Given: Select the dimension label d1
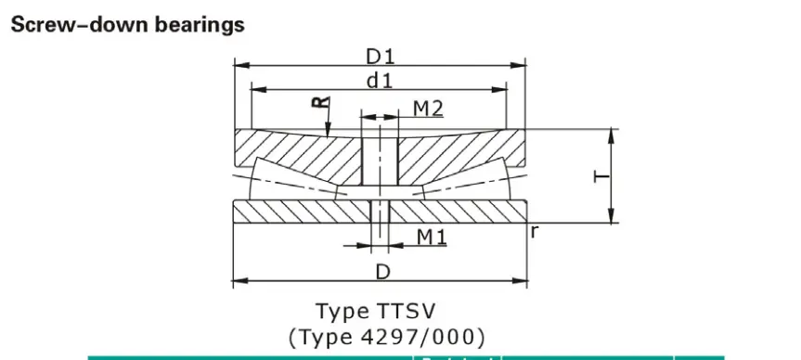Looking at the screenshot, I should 379,81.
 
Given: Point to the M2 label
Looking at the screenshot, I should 427,108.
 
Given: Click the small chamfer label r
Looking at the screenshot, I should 535,232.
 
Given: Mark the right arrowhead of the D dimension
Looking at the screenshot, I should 523,279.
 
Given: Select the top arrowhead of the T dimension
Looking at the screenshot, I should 612,133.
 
